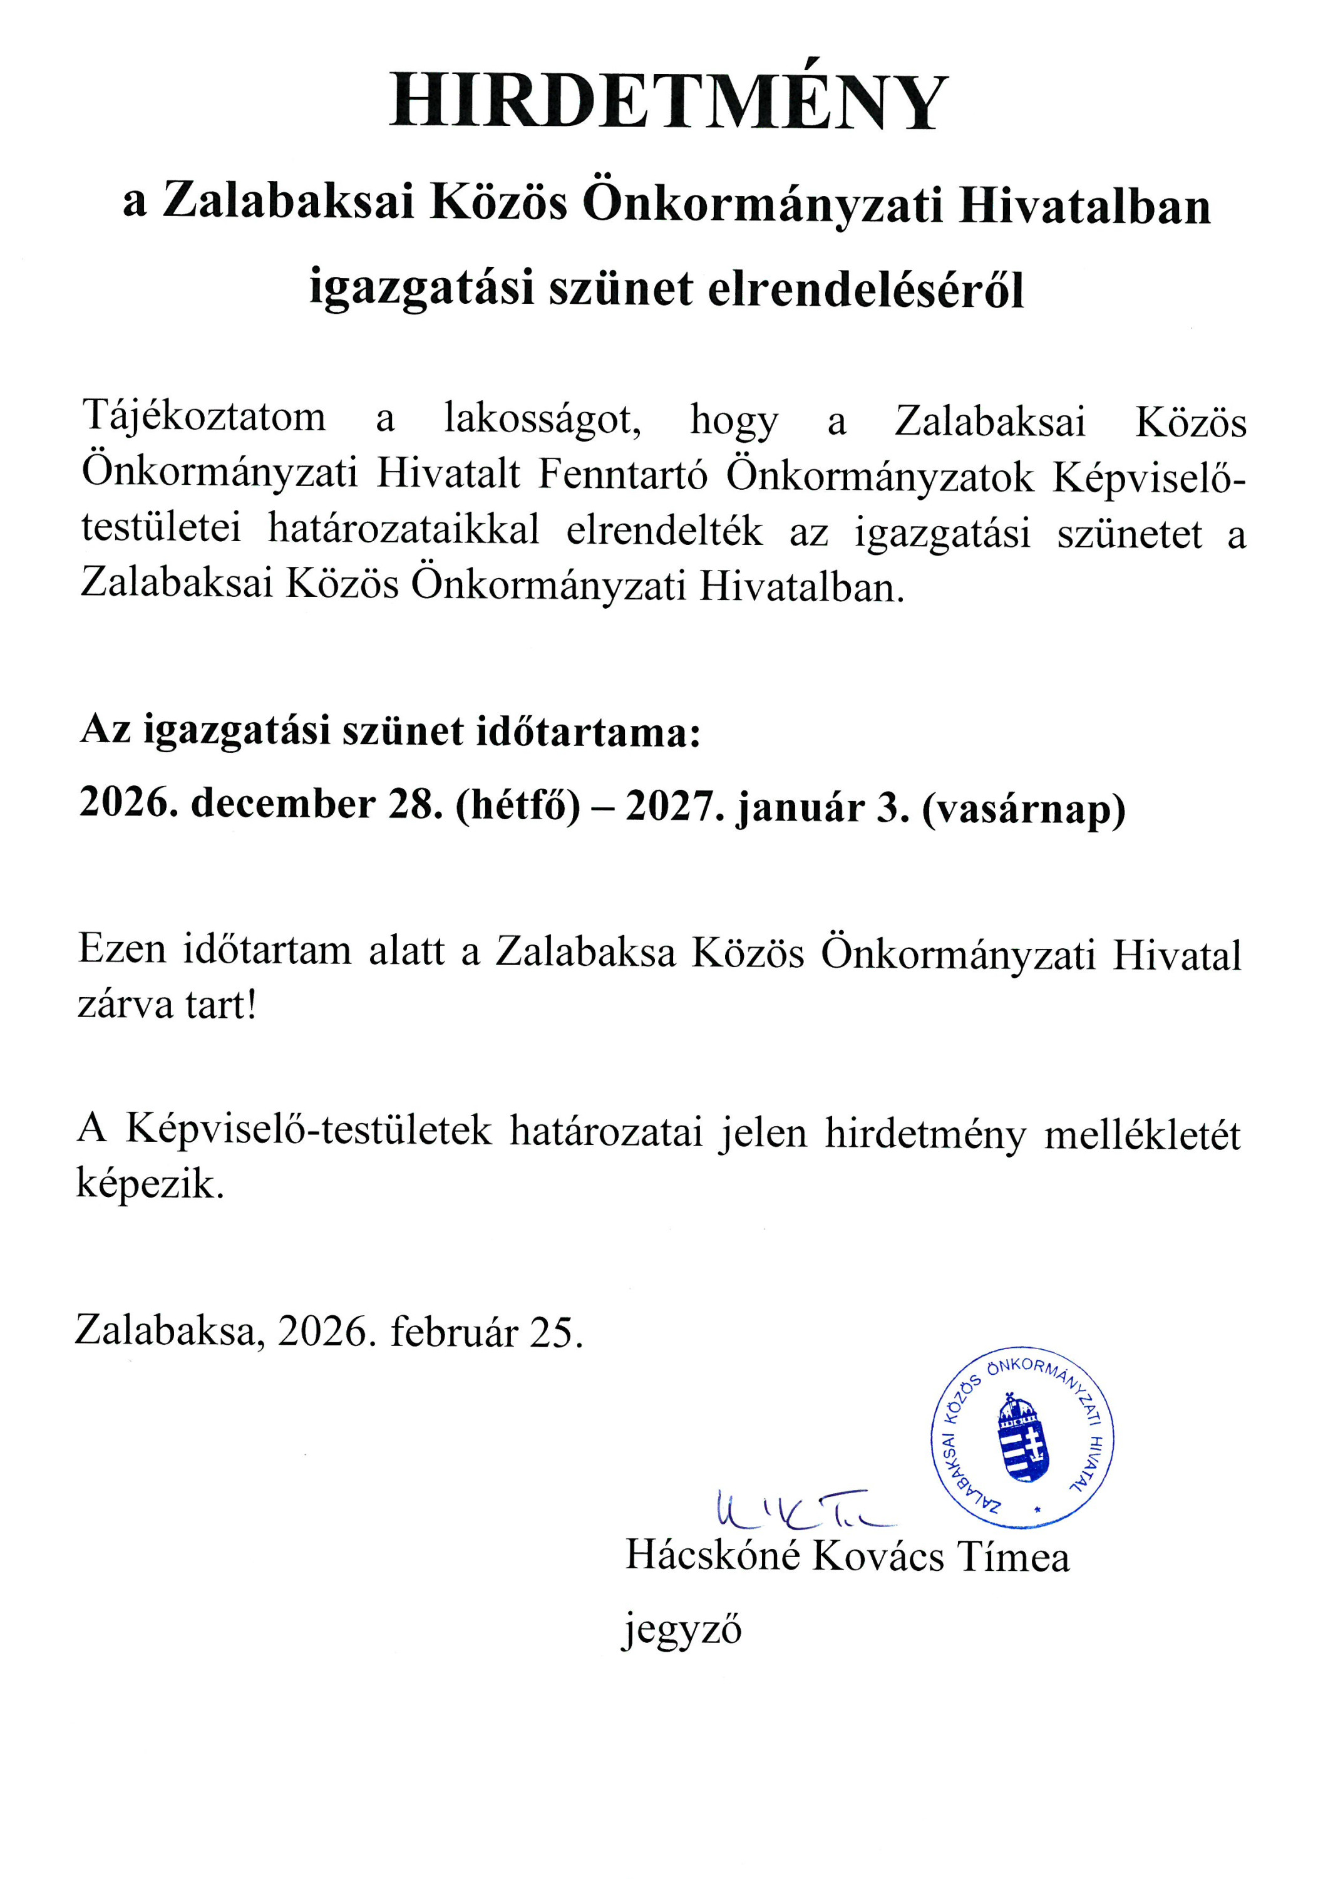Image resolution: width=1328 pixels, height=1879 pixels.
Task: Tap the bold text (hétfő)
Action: pyautogui.click(x=517, y=806)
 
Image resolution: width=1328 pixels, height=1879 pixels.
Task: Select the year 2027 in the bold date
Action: pyautogui.click(x=675, y=806)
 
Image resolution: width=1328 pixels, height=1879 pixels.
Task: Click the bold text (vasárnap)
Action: pyautogui.click(x=1024, y=808)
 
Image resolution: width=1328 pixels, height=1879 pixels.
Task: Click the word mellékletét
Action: pyautogui.click(x=1142, y=1135)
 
